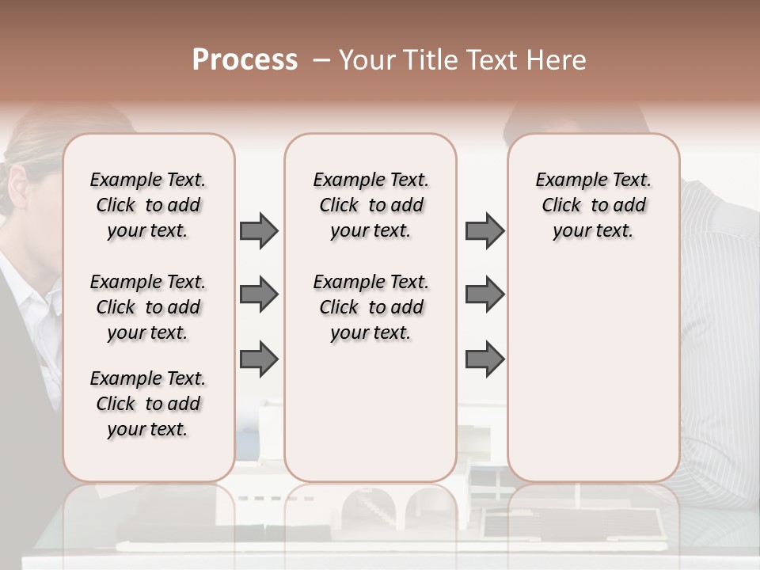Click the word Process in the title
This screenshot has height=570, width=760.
coord(245,60)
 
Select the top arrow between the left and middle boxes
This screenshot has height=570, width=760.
coord(259,231)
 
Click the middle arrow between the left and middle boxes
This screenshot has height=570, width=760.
coord(259,294)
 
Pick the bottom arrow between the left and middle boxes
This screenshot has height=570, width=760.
coord(259,360)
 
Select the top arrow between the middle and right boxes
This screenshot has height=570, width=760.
coord(484,231)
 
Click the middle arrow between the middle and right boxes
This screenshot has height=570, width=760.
coord(484,294)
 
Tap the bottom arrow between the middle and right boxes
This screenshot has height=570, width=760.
coord(484,360)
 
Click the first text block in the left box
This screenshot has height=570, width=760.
coord(148,205)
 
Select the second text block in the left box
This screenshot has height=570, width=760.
coord(148,307)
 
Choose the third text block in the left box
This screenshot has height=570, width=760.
coord(148,404)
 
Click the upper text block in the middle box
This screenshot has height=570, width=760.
coord(370,205)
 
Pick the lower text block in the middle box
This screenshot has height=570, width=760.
coord(370,307)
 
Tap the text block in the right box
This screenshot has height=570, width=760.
coord(593,205)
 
